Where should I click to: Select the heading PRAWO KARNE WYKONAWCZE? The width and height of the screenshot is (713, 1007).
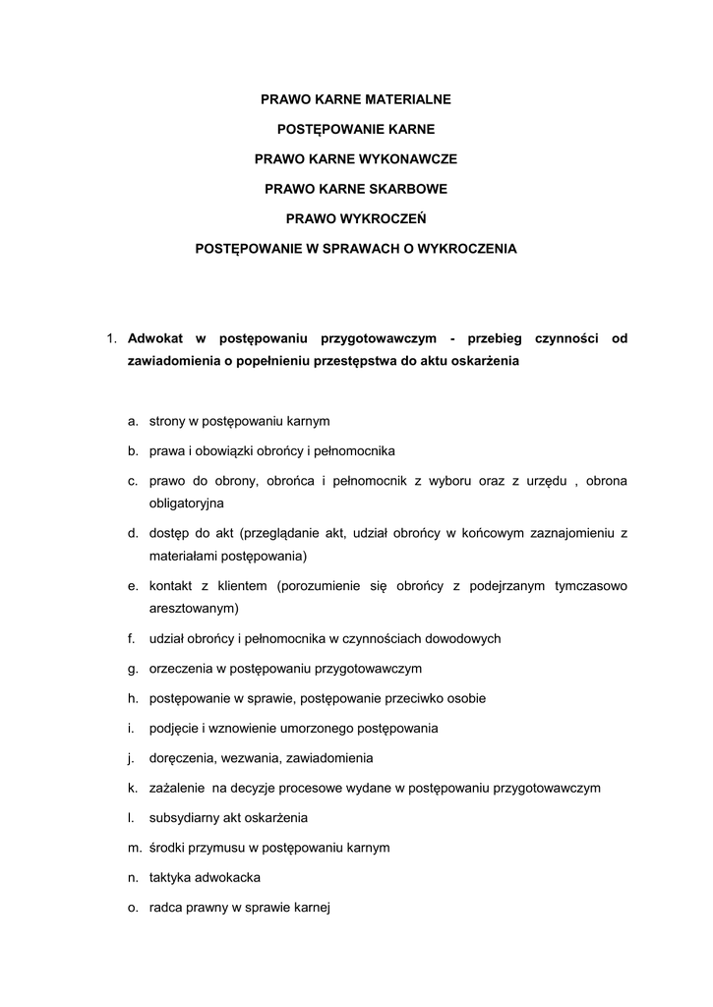click(x=356, y=158)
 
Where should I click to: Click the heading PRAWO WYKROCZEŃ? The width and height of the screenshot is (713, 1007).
click(x=356, y=218)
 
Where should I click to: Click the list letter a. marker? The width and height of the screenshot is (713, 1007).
click(x=132, y=421)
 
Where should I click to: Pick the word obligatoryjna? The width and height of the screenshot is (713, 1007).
click(x=187, y=503)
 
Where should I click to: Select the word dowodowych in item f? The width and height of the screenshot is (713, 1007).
click(x=459, y=638)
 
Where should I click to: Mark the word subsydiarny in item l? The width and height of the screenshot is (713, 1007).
click(x=182, y=818)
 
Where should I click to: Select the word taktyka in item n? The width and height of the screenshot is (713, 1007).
click(x=168, y=877)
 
